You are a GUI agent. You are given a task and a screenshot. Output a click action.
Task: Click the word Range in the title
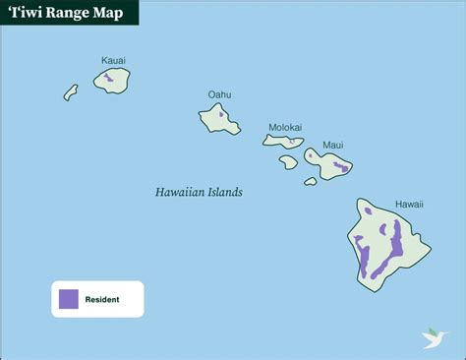click(67, 13)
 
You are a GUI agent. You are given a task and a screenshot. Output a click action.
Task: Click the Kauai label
click(113, 61)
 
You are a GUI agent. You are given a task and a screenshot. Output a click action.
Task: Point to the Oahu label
click(219, 94)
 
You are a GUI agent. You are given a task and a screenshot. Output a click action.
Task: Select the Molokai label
click(285, 127)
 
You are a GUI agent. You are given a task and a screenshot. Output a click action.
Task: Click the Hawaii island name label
click(409, 205)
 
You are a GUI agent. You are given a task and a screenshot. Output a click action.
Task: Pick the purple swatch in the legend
click(69, 299)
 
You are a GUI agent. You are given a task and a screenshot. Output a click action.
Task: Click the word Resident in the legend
click(102, 299)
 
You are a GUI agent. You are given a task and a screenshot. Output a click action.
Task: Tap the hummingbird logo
click(434, 336)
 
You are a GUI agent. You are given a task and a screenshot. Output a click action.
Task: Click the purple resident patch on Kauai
click(109, 76)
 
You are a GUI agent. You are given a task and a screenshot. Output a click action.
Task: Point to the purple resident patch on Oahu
click(222, 114)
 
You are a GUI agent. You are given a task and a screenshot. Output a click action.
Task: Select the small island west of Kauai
click(71, 91)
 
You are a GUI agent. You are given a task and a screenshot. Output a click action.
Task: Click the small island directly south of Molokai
click(288, 161)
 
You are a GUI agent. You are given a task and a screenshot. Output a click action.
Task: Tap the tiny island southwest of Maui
click(311, 181)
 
